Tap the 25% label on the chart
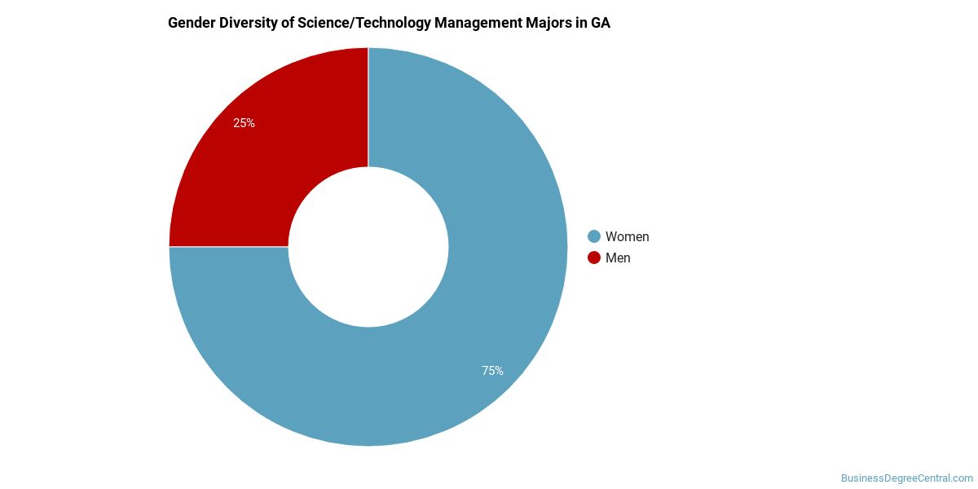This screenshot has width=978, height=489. click(x=244, y=123)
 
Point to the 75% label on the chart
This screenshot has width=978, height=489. click(x=492, y=371)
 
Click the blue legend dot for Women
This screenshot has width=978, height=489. click(x=594, y=236)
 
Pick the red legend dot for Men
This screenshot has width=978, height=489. click(x=594, y=258)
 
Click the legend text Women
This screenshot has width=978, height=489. click(x=628, y=237)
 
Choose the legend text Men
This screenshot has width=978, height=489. click(x=618, y=258)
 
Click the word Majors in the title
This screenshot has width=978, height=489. click(x=548, y=23)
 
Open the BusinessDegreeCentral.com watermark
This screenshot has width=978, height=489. click(x=906, y=478)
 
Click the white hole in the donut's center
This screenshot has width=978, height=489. click(x=368, y=247)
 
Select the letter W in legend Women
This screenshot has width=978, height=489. click(x=611, y=237)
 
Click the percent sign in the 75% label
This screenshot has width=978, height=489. click(x=499, y=371)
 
